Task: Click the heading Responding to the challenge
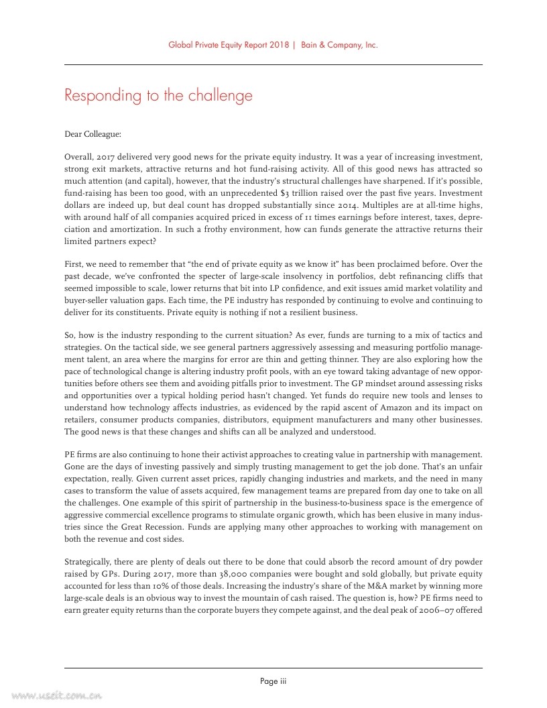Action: (x=158, y=95)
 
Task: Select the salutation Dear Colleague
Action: (x=93, y=134)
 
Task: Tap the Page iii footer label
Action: (x=273, y=681)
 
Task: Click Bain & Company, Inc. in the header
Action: (x=339, y=46)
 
